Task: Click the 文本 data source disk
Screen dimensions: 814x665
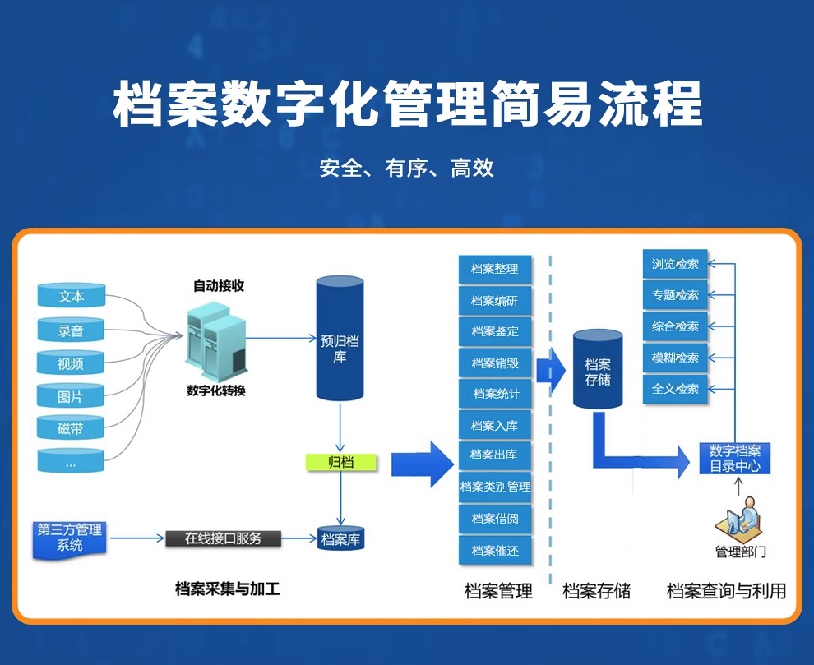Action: click(72, 295)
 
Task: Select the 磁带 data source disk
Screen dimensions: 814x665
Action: click(71, 427)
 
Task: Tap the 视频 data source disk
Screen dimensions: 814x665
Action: click(71, 363)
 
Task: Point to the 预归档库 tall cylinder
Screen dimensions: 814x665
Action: click(340, 339)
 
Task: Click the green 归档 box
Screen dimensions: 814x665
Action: click(341, 461)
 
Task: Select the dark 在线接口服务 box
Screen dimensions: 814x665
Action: click(223, 538)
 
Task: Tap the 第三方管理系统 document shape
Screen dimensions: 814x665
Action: click(70, 539)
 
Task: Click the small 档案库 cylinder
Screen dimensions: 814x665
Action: click(340, 539)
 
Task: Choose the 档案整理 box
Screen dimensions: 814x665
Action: click(495, 269)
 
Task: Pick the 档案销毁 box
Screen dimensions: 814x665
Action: click(495, 363)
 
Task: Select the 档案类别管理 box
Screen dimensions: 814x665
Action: click(495, 487)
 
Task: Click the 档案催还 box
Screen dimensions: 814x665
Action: click(495, 550)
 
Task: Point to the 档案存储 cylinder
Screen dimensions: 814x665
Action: click(598, 369)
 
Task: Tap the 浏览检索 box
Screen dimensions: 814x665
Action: click(675, 264)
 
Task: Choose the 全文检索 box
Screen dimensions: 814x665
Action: click(675, 388)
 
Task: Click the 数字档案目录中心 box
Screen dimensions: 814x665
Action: click(734, 458)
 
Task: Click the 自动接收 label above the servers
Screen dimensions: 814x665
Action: click(219, 285)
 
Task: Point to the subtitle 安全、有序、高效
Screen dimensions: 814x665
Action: click(406, 168)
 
